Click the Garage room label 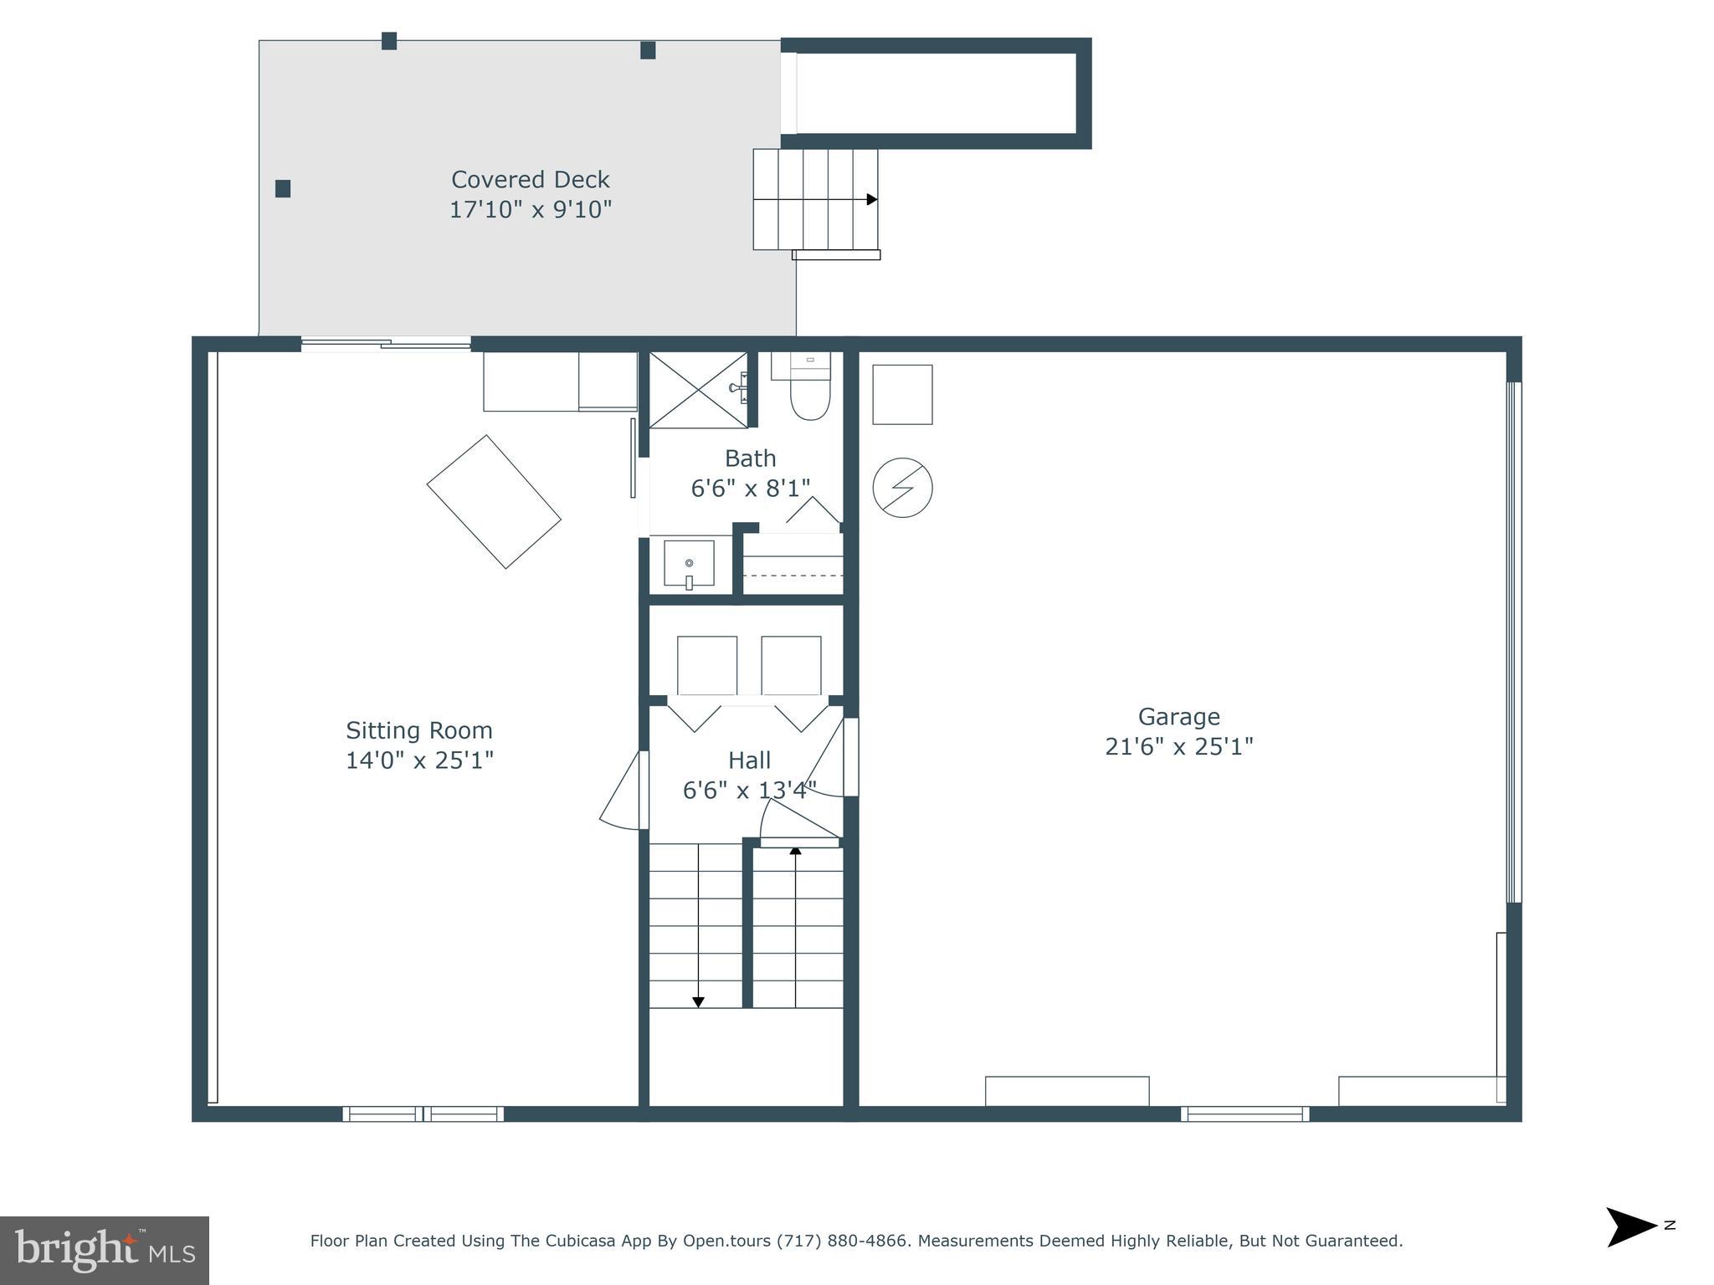point(1178,717)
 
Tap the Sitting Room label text point(419,730)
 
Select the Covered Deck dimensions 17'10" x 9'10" point(531,209)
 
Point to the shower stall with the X point(697,390)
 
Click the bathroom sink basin point(689,563)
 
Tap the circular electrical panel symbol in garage point(902,488)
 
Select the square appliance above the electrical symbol point(902,394)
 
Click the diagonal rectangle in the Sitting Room point(494,502)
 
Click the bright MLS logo point(104,1251)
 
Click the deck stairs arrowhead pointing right point(871,199)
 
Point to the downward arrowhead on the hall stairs point(698,1001)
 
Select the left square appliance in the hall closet point(706,665)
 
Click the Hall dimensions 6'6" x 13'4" point(749,790)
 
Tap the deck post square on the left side point(283,188)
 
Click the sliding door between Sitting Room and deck point(386,343)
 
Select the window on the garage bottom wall point(1244,1113)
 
